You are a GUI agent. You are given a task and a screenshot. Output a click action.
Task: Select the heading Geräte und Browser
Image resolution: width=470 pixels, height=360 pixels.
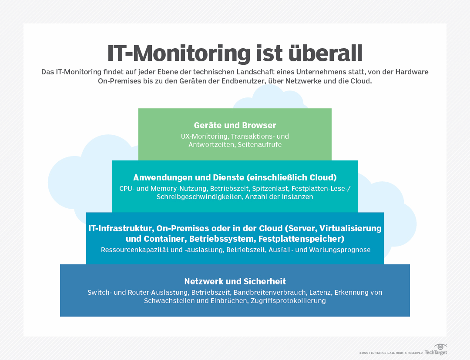[235, 125]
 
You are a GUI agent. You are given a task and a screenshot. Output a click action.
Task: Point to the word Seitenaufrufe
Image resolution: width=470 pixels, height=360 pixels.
[260, 144]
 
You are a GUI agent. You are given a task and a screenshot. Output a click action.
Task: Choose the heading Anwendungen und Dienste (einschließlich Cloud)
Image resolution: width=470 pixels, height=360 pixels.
[235, 177]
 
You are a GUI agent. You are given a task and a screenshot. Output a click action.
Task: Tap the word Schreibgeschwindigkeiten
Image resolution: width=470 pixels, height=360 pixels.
[200, 197]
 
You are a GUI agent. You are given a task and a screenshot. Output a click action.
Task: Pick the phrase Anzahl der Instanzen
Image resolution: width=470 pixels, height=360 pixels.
[279, 197]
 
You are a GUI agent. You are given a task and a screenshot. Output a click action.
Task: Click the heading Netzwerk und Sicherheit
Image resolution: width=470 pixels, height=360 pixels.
[235, 281]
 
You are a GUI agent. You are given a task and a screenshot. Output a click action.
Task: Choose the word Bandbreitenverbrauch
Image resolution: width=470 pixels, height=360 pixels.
[269, 293]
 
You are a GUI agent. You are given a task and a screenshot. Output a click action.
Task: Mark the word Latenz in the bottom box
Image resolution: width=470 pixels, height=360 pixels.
[320, 293]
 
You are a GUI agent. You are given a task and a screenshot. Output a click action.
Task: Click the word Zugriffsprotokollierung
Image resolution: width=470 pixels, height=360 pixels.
[288, 300]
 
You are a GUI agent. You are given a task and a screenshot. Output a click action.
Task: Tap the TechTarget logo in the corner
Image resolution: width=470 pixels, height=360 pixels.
[436, 350]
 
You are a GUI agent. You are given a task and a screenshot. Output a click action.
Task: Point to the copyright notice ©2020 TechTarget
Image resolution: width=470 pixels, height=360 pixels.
[391, 353]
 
